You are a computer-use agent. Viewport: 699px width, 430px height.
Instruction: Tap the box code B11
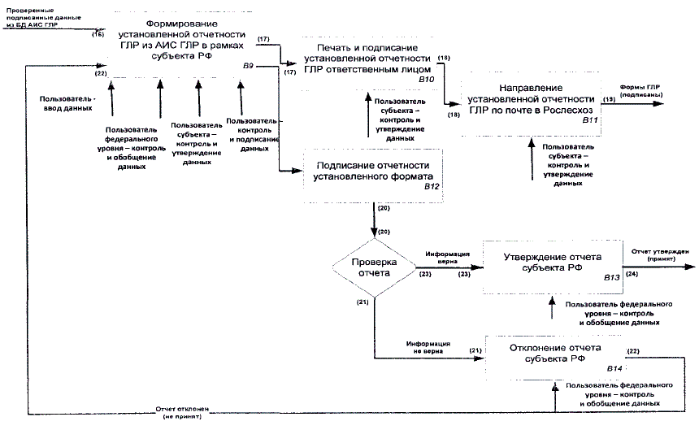click(590, 119)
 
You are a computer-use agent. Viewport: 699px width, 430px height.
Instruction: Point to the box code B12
click(431, 187)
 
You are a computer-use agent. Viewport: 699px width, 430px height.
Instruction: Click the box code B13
click(611, 278)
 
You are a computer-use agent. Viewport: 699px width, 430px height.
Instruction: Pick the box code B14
click(614, 370)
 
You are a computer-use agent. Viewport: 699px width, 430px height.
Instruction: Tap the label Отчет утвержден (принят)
click(661, 255)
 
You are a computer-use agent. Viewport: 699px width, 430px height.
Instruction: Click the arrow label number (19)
click(609, 99)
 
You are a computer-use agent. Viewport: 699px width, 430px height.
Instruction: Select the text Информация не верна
click(428, 346)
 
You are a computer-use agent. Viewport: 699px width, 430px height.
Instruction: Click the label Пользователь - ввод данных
click(67, 102)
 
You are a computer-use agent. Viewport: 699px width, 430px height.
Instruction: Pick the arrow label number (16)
click(99, 35)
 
